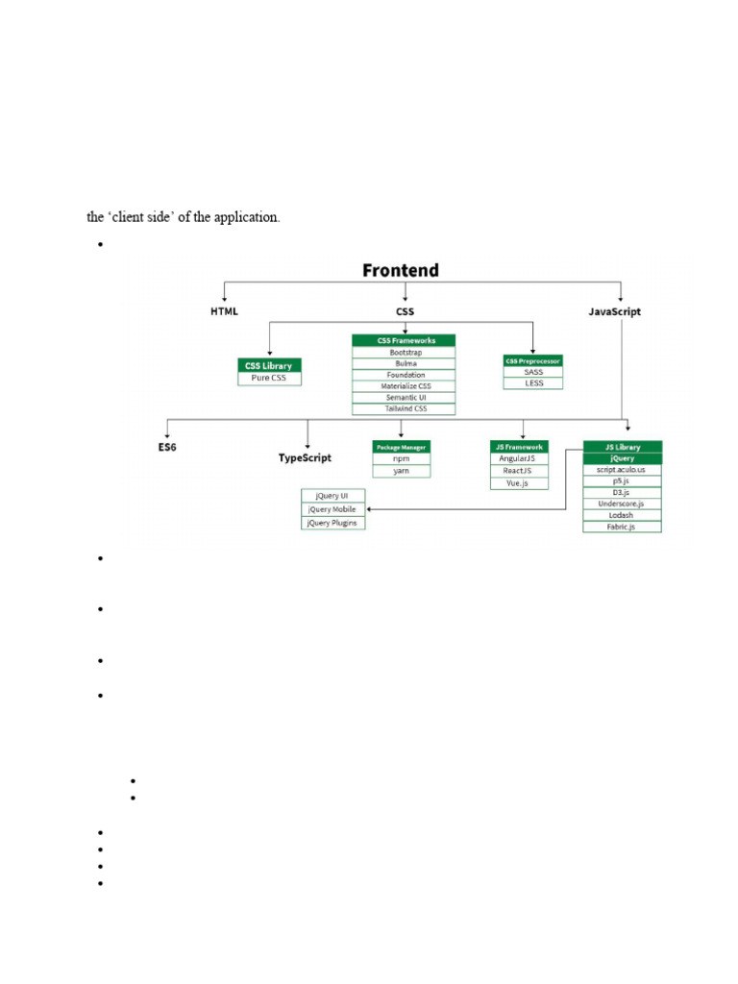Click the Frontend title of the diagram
tap(400, 270)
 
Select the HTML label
tap(224, 311)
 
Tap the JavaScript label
tap(614, 311)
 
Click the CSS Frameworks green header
tap(404, 340)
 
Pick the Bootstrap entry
tap(404, 353)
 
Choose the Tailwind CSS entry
tap(404, 409)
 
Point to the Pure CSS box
tap(269, 379)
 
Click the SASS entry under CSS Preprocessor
tap(533, 372)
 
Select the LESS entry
tap(533, 383)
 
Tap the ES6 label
tap(168, 448)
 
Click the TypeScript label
tap(305, 458)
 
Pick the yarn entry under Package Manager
tap(402, 471)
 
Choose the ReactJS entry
tap(519, 471)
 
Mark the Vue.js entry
tap(519, 483)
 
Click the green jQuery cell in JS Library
tap(622, 458)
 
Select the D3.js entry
tap(622, 492)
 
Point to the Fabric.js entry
tap(622, 527)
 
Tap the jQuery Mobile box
tap(332, 509)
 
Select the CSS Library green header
tap(269, 365)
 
